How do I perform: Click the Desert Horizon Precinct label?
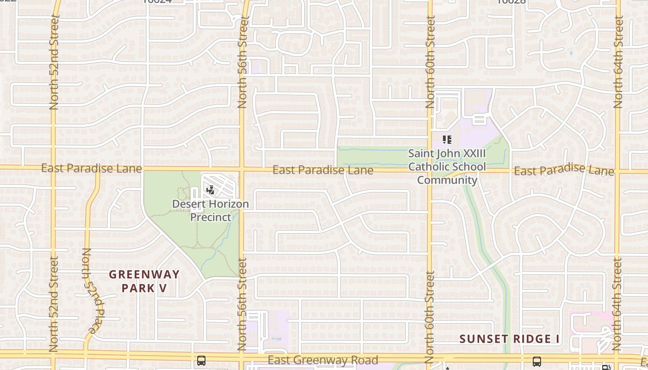click(211, 210)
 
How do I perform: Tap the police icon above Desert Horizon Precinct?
click(210, 190)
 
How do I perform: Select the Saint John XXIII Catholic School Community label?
click(447, 166)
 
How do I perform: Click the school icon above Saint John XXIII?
click(447, 139)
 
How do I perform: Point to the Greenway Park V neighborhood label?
click(144, 281)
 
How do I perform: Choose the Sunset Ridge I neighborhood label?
click(510, 339)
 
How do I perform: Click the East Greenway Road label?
click(323, 360)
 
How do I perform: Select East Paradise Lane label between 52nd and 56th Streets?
click(91, 168)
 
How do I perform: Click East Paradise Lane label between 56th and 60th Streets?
click(323, 170)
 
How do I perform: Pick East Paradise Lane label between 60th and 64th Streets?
click(564, 170)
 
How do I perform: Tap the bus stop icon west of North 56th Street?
click(201, 360)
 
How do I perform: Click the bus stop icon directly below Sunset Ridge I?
click(537, 361)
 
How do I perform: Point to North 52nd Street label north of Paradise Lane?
click(54, 62)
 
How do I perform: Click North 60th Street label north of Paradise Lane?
click(430, 62)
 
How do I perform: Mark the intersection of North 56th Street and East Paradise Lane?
click(242, 169)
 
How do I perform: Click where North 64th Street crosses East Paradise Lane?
click(617, 172)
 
